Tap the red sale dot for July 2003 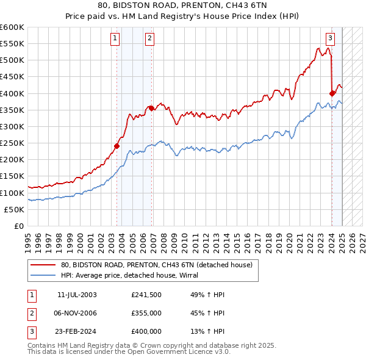(117, 146)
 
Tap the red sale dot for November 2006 (151, 108)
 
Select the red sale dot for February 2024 (332, 93)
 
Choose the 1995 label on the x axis (27, 240)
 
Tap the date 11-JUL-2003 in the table (77, 295)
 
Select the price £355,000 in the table (146, 313)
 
